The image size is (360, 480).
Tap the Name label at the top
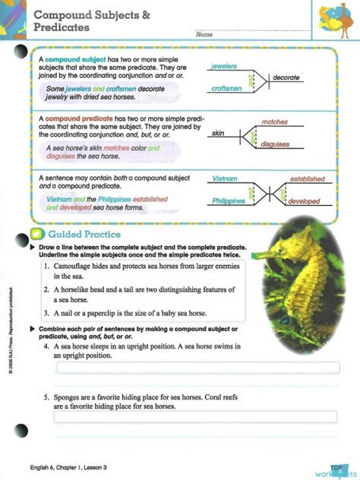point(204,35)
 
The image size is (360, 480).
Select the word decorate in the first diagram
point(286,77)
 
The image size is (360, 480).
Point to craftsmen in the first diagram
point(226,89)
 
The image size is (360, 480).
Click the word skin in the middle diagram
point(218,133)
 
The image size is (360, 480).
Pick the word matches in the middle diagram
point(274,122)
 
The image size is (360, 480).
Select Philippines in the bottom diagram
point(228,201)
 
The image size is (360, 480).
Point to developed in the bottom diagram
point(305,201)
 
